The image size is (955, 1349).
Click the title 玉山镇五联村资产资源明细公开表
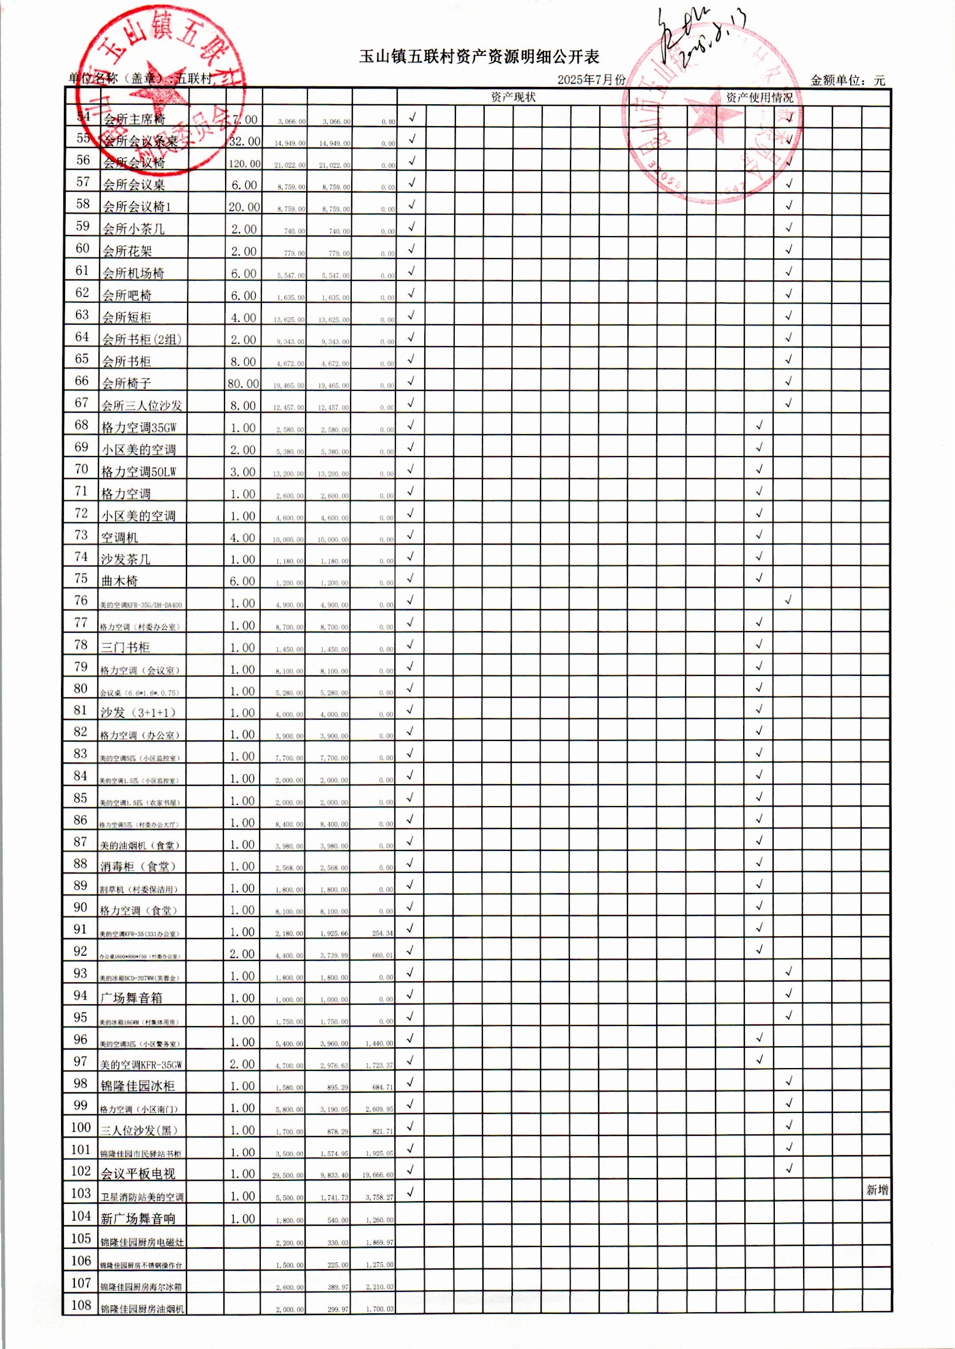coord(479,56)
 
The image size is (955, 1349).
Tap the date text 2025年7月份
coord(591,80)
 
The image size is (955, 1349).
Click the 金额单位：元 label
coord(847,81)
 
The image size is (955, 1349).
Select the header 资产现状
coord(513,97)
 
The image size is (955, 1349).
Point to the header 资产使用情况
coord(759,97)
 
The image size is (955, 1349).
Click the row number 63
coord(82,315)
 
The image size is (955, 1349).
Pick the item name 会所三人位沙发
coord(142,405)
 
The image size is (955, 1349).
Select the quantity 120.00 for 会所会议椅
coord(244,164)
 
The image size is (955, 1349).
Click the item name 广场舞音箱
coord(131,998)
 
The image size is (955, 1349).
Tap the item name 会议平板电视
coord(138,1174)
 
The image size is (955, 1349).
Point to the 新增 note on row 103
coord(877,1190)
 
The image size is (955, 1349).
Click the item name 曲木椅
coord(119,581)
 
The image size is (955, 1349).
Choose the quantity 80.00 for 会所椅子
coord(243,383)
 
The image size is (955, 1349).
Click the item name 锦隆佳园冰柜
coord(138,1086)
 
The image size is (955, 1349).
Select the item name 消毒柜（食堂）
coord(138,866)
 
